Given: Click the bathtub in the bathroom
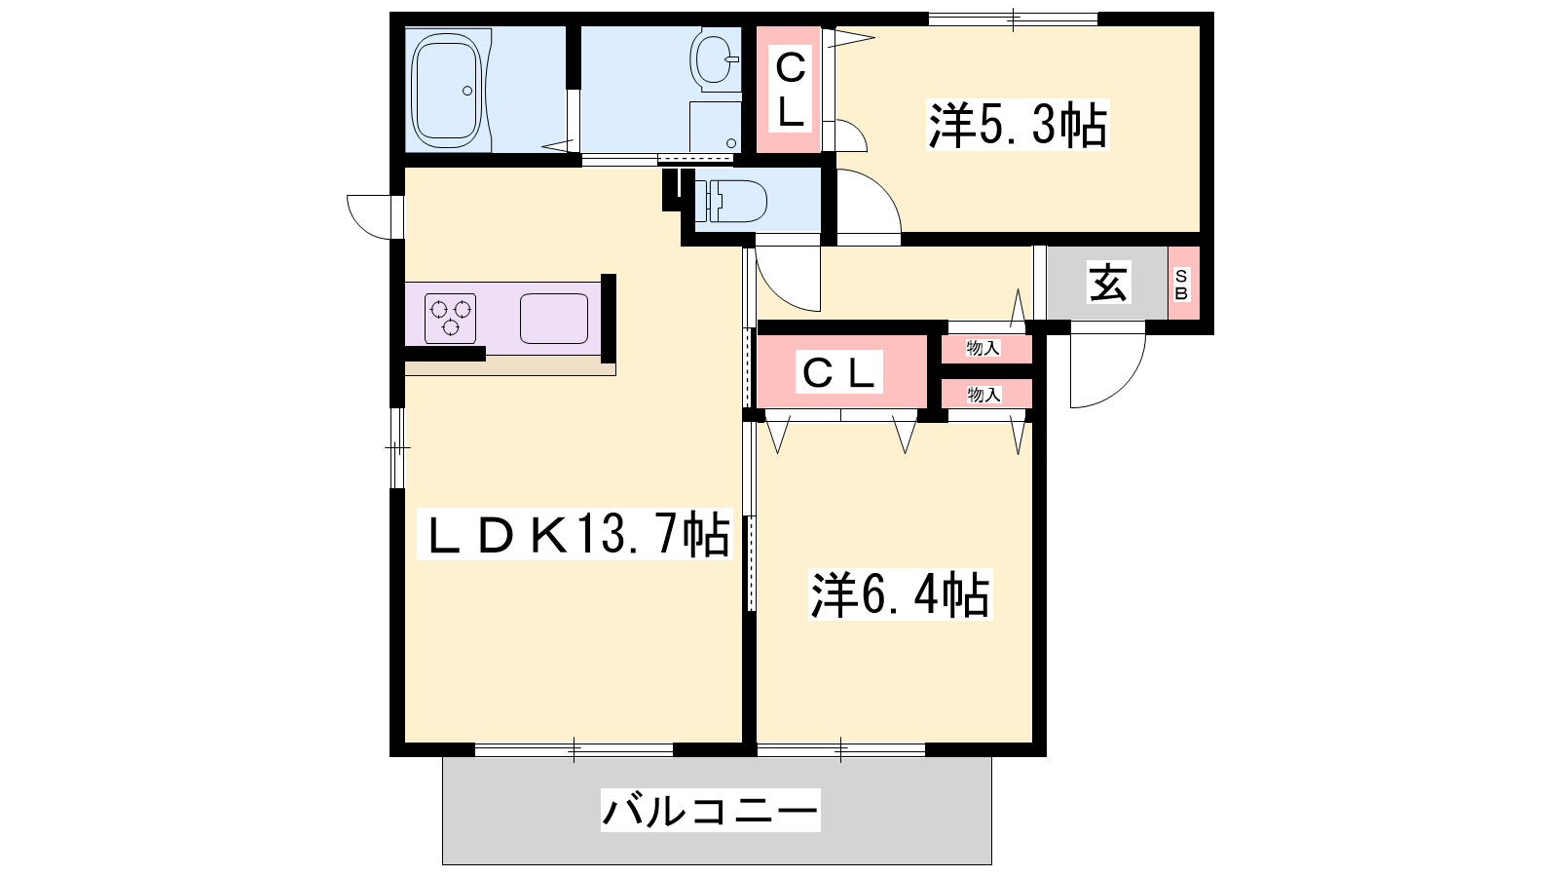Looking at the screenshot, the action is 447,90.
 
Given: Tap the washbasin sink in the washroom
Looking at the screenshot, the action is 715,59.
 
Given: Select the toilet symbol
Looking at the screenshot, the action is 731,201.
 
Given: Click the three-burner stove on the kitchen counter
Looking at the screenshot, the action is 450,319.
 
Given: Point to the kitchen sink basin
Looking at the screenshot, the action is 554,319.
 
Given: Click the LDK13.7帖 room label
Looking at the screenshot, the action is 575,534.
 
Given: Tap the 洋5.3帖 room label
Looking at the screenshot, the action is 1018,126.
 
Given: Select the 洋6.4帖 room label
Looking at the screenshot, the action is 901,594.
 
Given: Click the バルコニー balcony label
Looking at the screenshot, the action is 711,810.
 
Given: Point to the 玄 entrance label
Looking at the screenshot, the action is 1108,283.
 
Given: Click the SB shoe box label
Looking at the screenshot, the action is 1182,284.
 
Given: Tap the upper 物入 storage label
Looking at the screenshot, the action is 983,348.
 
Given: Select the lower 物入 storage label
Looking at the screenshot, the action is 984,395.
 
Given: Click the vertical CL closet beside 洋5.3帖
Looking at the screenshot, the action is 790,90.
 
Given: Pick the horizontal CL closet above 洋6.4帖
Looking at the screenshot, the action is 842,371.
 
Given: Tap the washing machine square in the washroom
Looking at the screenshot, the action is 715,126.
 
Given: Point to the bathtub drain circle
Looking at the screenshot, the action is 467,91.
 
